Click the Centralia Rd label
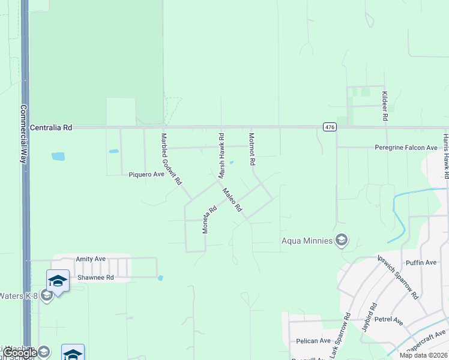(51, 128)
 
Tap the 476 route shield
(329, 127)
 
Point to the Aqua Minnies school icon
(342, 241)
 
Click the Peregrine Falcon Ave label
(406, 148)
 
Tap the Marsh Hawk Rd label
(221, 155)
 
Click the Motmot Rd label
(252, 149)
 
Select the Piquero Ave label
(146, 175)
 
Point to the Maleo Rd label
(232, 200)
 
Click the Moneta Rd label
(209, 220)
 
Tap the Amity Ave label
(91, 259)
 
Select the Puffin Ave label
(421, 262)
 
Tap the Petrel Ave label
(388, 321)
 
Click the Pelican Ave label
(313, 341)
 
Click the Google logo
(19, 353)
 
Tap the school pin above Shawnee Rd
(58, 281)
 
